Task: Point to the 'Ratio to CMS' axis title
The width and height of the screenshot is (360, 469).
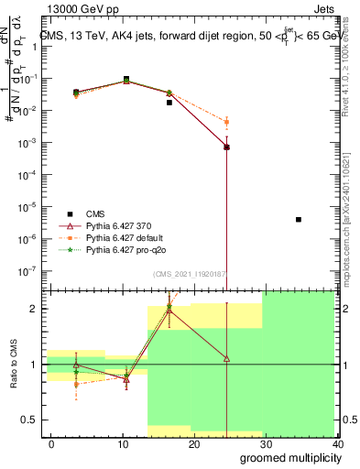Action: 13,364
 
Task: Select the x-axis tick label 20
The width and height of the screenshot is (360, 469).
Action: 193,442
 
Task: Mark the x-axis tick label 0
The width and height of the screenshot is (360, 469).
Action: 50,442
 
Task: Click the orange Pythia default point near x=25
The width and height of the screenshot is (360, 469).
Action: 226,122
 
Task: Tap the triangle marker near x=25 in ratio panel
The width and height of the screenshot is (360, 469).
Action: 226,358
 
